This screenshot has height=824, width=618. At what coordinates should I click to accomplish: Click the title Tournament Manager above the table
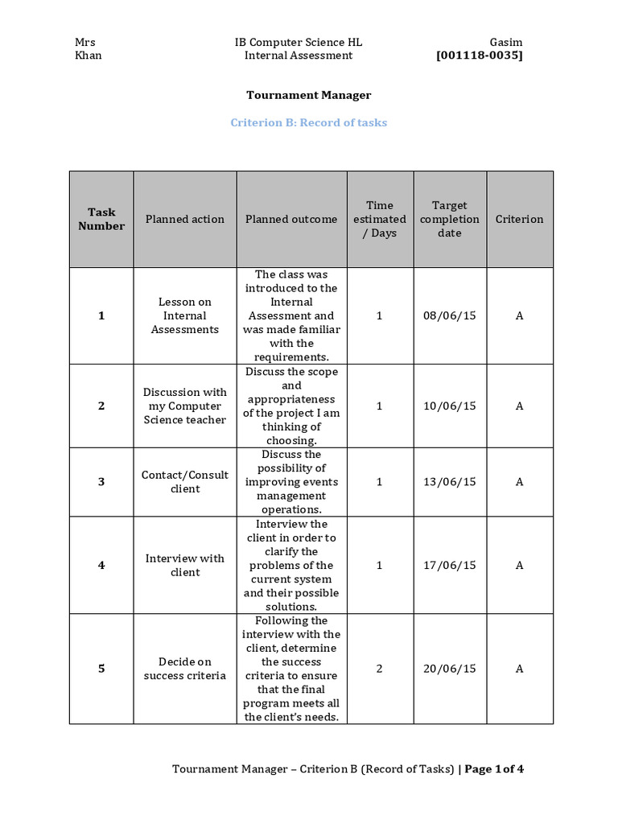click(308, 95)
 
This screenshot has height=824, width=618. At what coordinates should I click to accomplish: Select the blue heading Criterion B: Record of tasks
click(308, 123)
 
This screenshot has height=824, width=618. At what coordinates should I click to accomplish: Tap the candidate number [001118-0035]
click(479, 56)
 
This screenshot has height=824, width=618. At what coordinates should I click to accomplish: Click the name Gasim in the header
click(505, 42)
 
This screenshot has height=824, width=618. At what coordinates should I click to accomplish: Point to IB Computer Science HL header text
click(298, 42)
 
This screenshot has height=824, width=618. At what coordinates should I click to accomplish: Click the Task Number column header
click(101, 219)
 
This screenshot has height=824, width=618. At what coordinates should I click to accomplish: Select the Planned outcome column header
click(291, 219)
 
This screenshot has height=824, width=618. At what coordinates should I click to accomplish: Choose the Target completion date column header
click(449, 219)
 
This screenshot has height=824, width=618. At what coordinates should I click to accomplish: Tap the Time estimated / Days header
click(379, 219)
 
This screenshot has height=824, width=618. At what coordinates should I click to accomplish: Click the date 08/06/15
click(449, 315)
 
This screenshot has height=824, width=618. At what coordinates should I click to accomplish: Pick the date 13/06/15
click(449, 481)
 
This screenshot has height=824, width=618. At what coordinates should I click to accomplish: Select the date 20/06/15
click(449, 669)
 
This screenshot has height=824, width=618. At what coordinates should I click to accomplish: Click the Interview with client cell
click(185, 565)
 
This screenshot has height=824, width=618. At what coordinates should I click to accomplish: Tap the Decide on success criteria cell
click(185, 669)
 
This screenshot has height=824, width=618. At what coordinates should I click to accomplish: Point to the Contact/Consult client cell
click(185, 481)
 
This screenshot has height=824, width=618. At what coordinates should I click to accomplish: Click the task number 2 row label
click(101, 406)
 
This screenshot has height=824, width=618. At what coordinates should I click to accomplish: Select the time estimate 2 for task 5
click(379, 669)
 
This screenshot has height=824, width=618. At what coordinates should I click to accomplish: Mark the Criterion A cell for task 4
click(519, 565)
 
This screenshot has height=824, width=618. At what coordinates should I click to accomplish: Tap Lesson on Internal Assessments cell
click(185, 315)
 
